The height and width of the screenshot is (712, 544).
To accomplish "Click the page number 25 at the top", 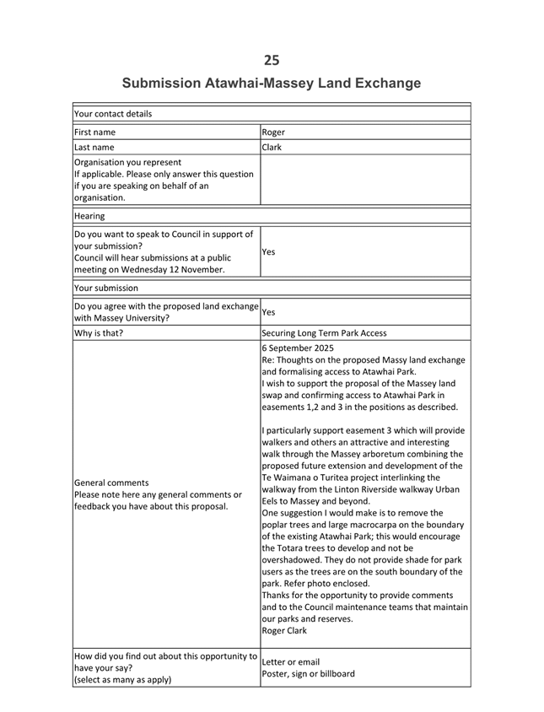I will tap(271, 60).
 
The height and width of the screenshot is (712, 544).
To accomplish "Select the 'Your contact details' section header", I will tap(113, 114).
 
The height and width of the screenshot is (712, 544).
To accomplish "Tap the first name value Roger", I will tap(273, 132).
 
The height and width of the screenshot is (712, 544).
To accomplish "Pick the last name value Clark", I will tap(272, 147).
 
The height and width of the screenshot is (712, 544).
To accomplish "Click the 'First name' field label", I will tap(95, 132).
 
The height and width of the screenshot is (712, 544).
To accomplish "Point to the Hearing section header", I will tap(89, 216).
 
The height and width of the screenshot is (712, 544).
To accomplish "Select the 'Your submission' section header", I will tap(106, 288).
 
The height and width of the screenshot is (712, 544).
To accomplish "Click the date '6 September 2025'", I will tap(298, 348).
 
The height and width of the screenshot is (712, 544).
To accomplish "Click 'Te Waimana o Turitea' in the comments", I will tap(314, 477).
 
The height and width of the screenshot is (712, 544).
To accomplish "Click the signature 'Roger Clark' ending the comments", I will tap(286, 630).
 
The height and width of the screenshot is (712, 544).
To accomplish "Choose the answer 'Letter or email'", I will tap(291, 661).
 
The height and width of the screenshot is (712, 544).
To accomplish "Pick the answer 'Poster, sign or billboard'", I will tap(309, 673).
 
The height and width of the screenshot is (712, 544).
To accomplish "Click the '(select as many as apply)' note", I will tap(122, 679).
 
